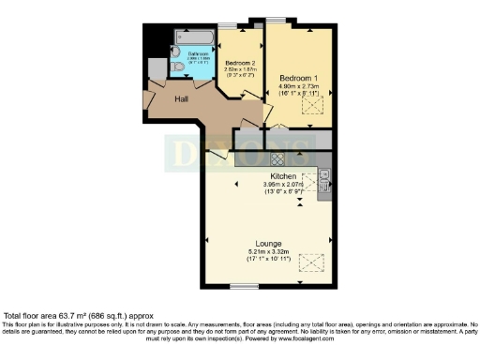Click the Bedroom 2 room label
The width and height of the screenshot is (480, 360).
tap(241, 62)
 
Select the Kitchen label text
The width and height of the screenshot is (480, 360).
tap(284, 176)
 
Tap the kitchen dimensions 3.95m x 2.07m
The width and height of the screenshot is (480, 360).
tap(284, 185)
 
